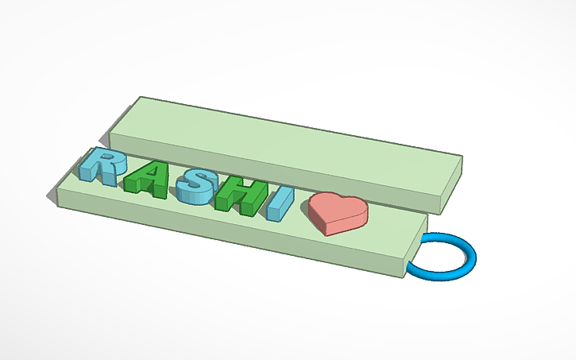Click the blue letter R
pos(102,165)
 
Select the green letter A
pos(148,180)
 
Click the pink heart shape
pos(339,209)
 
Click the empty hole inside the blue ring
pos(442,256)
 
